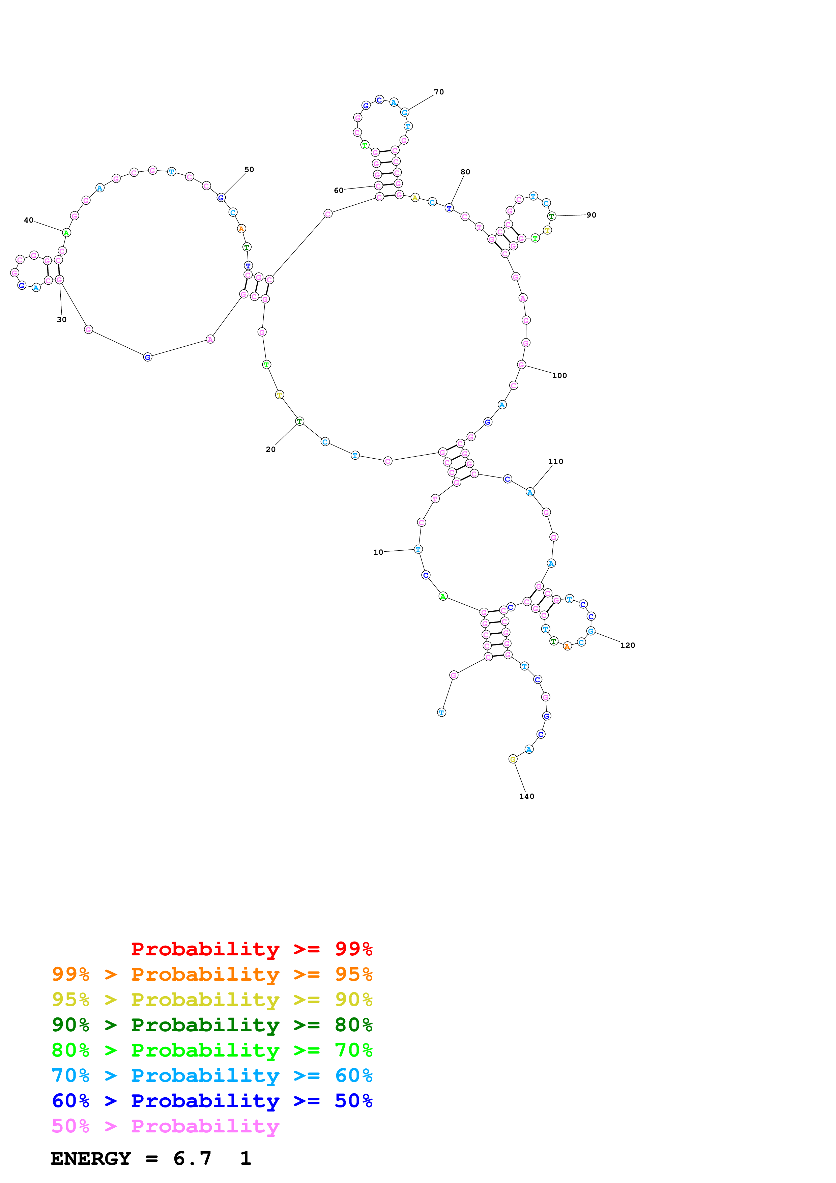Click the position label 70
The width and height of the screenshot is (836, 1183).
point(438,92)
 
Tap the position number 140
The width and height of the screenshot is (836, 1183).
point(526,797)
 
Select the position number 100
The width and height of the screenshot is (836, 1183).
point(559,376)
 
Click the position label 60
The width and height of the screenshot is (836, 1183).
point(339,191)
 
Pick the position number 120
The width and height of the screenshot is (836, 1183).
point(627,645)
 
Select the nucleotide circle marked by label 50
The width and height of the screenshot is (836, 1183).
point(221,198)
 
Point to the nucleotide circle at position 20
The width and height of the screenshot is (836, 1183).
point(299,422)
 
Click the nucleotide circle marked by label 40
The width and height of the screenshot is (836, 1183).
point(66,233)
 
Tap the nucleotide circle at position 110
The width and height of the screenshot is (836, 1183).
point(530,492)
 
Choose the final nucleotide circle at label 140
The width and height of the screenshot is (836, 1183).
point(513,759)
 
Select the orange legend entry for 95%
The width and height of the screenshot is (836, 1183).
point(212,974)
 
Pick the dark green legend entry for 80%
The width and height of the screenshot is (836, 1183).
point(212,1025)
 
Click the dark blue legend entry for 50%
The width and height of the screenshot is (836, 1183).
point(212,1101)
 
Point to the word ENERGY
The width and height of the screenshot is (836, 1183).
point(91,1159)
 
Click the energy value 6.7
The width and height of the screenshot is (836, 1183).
point(192,1159)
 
